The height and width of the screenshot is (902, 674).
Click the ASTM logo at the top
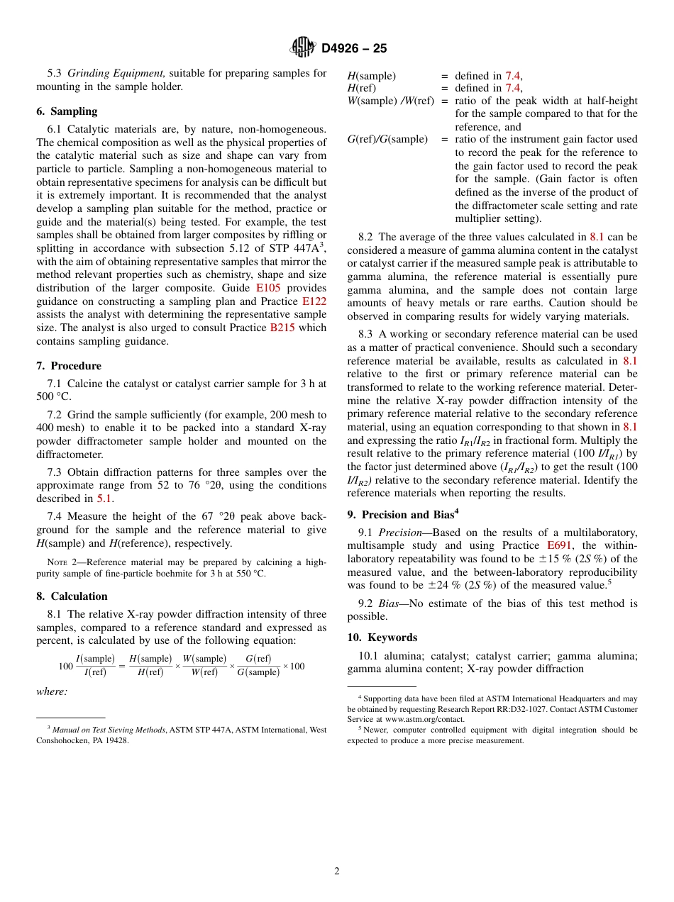(x=302, y=48)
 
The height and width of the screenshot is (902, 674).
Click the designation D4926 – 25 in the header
(x=354, y=48)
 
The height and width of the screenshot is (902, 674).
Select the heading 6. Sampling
(x=67, y=111)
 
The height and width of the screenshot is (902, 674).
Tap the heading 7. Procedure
(x=69, y=366)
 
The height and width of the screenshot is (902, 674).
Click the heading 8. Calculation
(x=72, y=596)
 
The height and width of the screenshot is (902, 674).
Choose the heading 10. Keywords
(x=382, y=637)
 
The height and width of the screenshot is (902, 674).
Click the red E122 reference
(x=314, y=301)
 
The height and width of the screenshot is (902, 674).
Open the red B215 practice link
(x=282, y=328)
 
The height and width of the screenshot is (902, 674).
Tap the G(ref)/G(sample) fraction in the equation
(x=258, y=666)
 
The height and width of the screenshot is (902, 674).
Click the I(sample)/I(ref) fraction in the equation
(x=95, y=666)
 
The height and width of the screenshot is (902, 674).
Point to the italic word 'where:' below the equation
(x=52, y=691)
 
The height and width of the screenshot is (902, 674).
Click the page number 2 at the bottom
(x=337, y=872)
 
